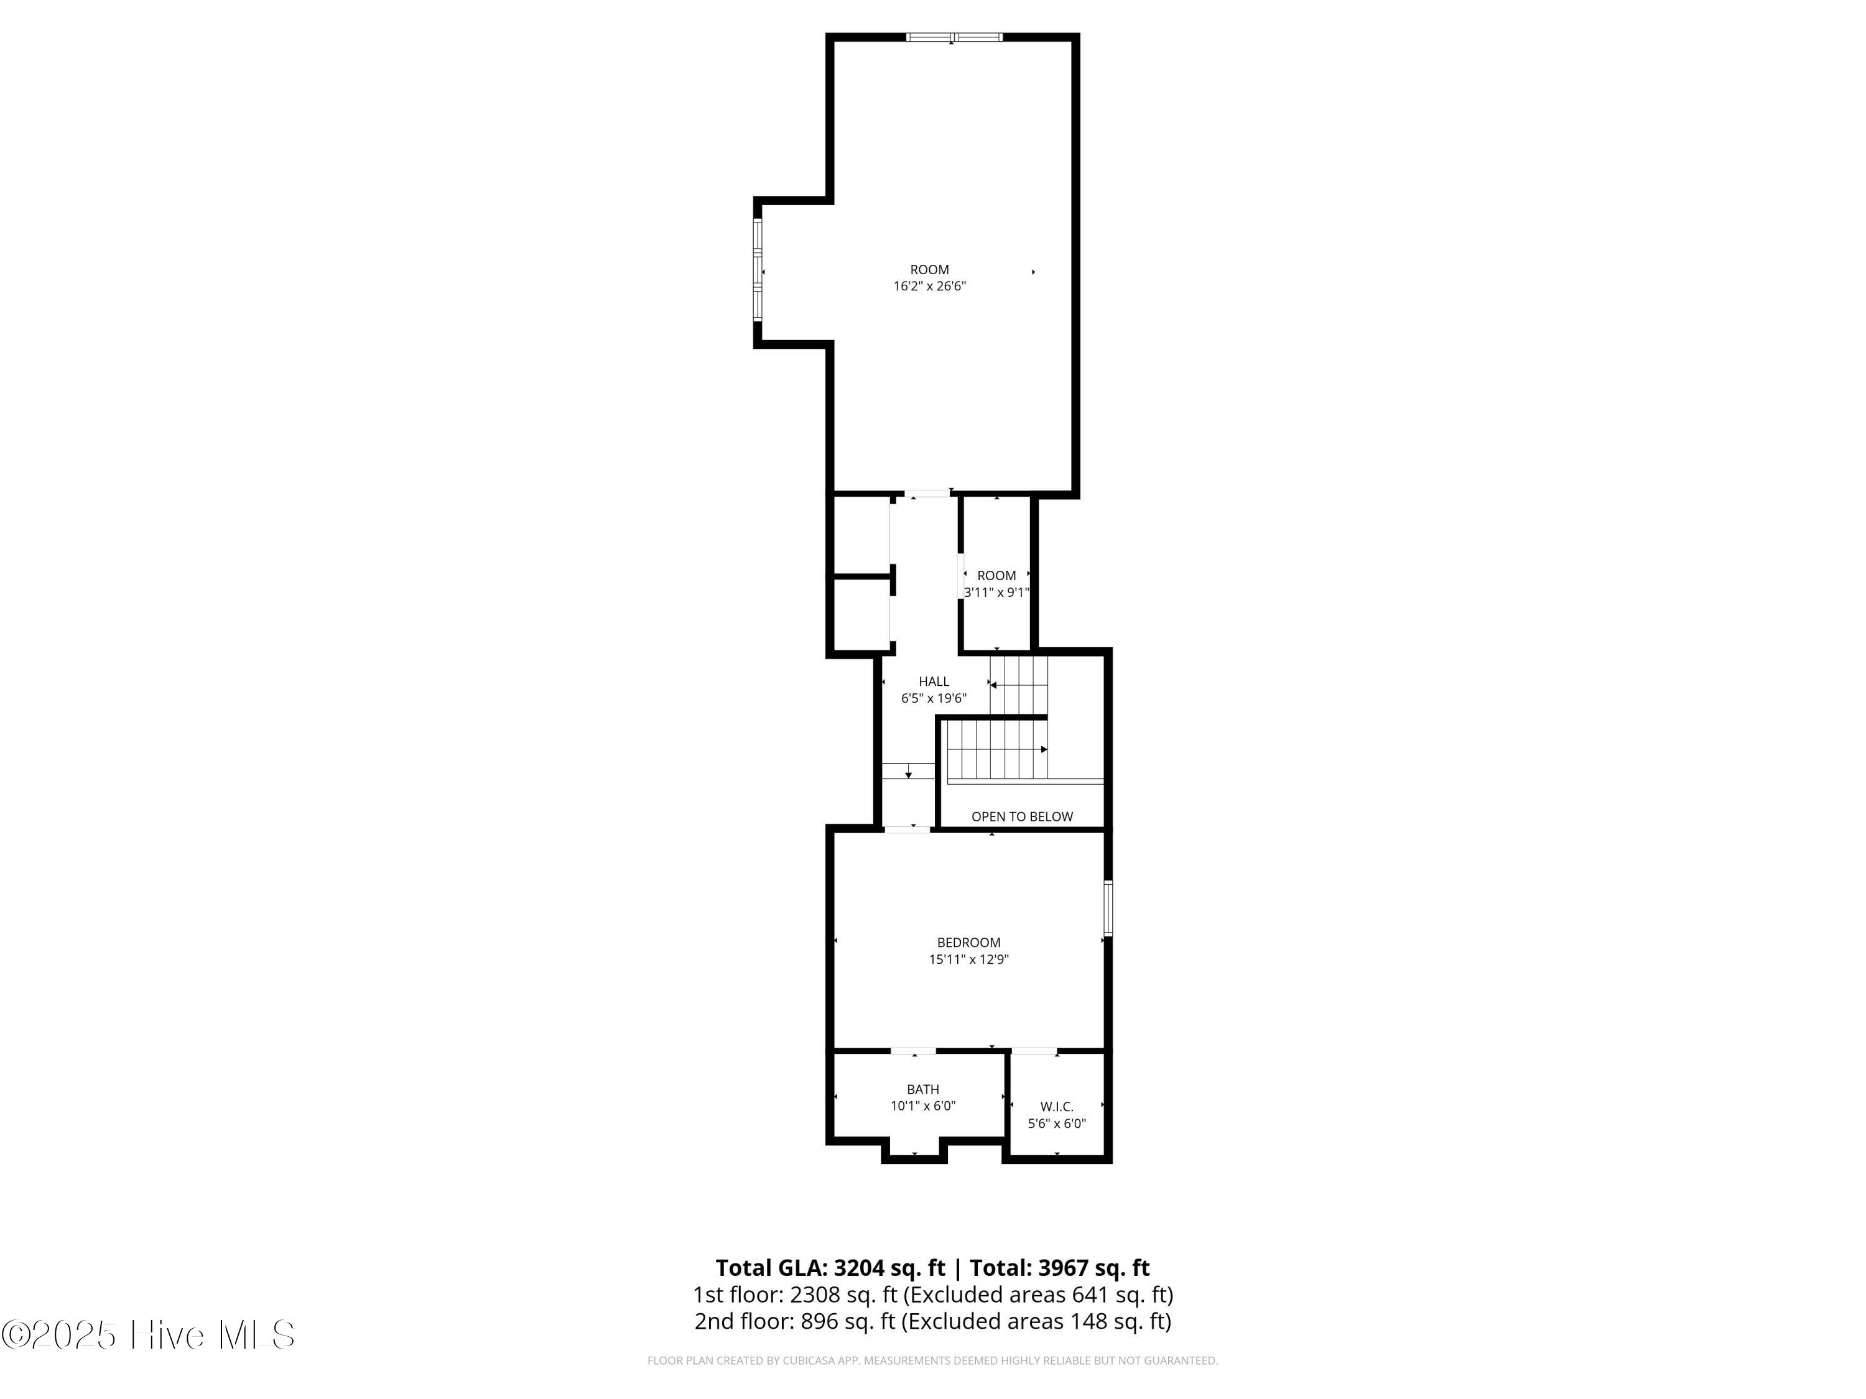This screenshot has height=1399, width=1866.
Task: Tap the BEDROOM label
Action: tap(968, 942)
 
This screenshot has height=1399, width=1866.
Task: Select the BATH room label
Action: tap(923, 1089)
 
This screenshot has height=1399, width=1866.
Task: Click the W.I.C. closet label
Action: tap(1056, 1106)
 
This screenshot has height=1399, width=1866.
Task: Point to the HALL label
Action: tap(933, 680)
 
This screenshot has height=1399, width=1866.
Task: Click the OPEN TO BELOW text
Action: tap(1021, 815)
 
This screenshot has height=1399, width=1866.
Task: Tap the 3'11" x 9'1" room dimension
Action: tap(996, 592)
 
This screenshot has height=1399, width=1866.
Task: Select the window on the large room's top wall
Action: tap(954, 37)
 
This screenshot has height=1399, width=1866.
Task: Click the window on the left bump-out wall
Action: tap(758, 270)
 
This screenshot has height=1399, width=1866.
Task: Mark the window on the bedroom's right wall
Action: tap(1108, 907)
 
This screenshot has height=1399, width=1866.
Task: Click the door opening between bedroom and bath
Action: tap(914, 1051)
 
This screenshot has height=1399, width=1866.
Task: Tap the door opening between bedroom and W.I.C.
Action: tap(1034, 1051)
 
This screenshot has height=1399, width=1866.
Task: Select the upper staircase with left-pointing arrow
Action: tap(1018, 684)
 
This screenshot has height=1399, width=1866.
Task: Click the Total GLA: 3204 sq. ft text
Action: tap(830, 1267)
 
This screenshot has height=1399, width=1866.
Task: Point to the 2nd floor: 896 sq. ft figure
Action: tap(794, 1321)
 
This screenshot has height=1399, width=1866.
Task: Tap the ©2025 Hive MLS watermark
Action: tap(147, 1335)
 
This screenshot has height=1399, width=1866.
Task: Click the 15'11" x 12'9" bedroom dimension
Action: tap(968, 959)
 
